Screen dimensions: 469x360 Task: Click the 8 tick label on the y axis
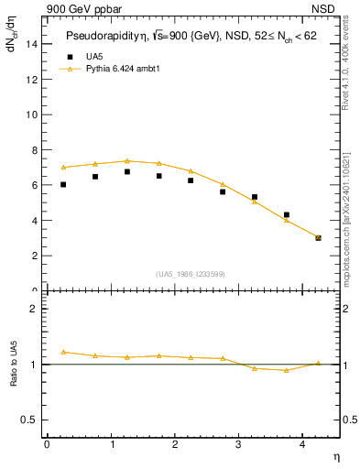36,150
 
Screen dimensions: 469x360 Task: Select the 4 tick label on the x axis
302,443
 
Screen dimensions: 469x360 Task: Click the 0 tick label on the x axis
47,443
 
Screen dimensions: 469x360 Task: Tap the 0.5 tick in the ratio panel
32,420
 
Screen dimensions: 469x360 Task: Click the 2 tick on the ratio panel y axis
36,309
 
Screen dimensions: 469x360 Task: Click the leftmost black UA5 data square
63,184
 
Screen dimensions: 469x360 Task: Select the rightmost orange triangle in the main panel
318,237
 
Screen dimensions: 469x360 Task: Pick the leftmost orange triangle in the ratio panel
63,352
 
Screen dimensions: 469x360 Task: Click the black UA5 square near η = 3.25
255,197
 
